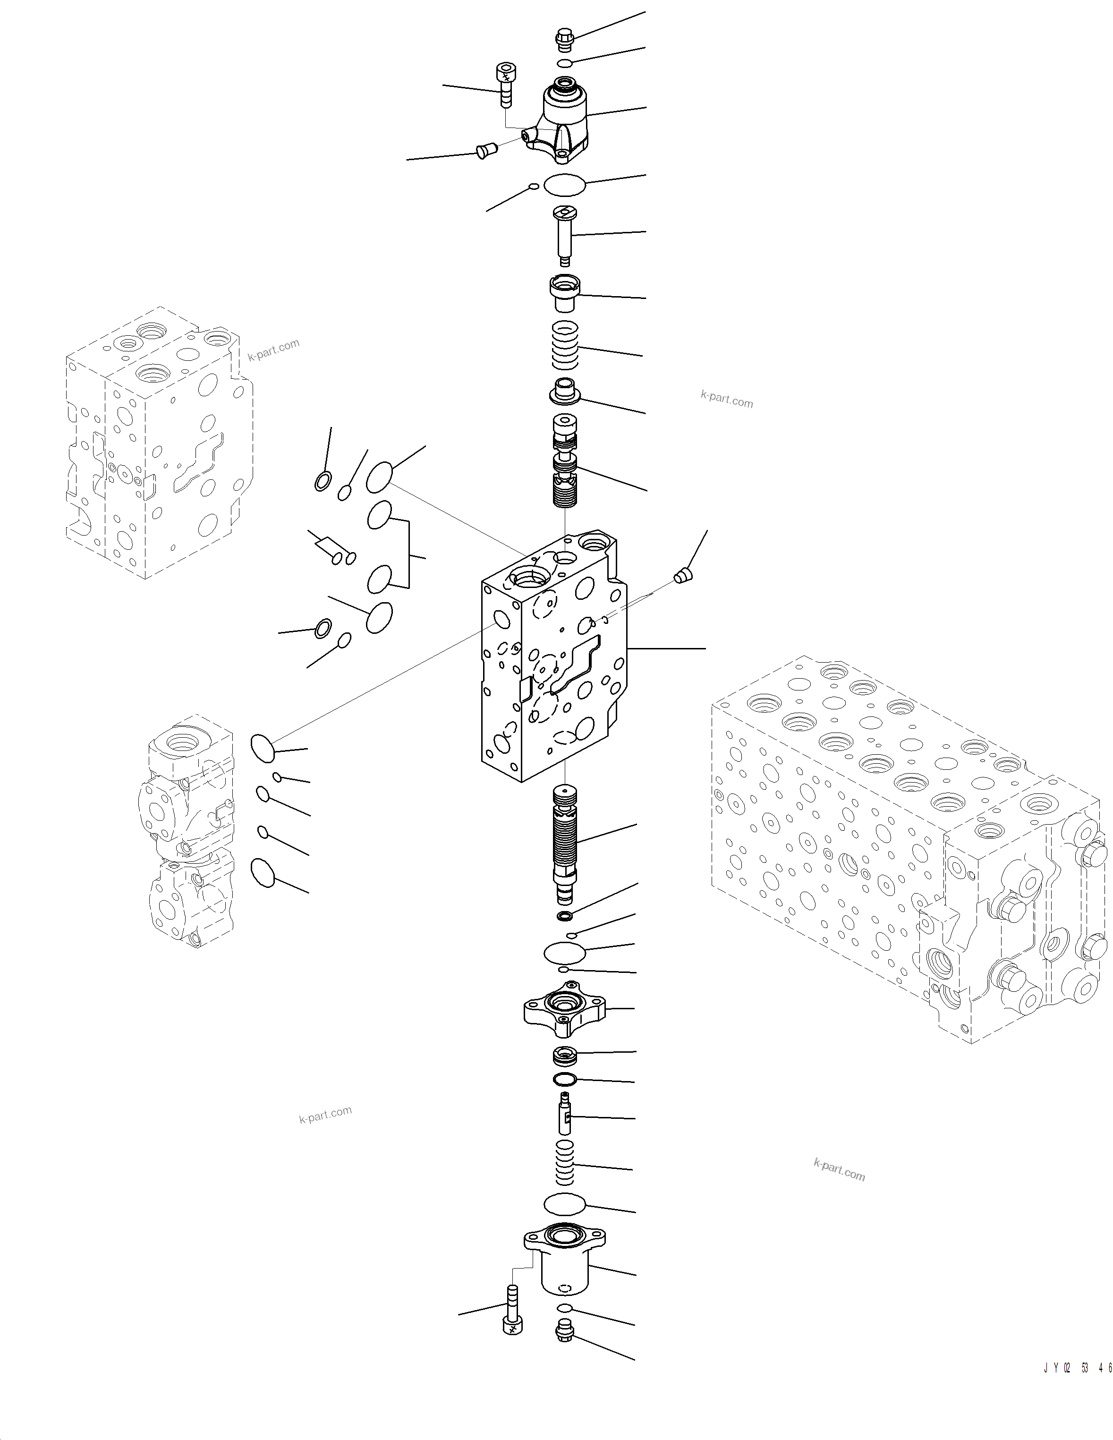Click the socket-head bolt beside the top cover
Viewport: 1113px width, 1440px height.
point(506,85)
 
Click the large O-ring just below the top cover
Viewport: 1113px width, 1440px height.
point(564,185)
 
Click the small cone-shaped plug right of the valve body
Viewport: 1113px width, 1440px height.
point(682,576)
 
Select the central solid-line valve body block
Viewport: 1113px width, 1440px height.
point(554,659)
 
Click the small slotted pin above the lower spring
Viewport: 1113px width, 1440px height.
point(564,1114)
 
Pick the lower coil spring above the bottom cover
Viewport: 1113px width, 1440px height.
point(564,1162)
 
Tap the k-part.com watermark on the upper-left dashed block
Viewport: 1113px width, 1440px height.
point(273,350)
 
